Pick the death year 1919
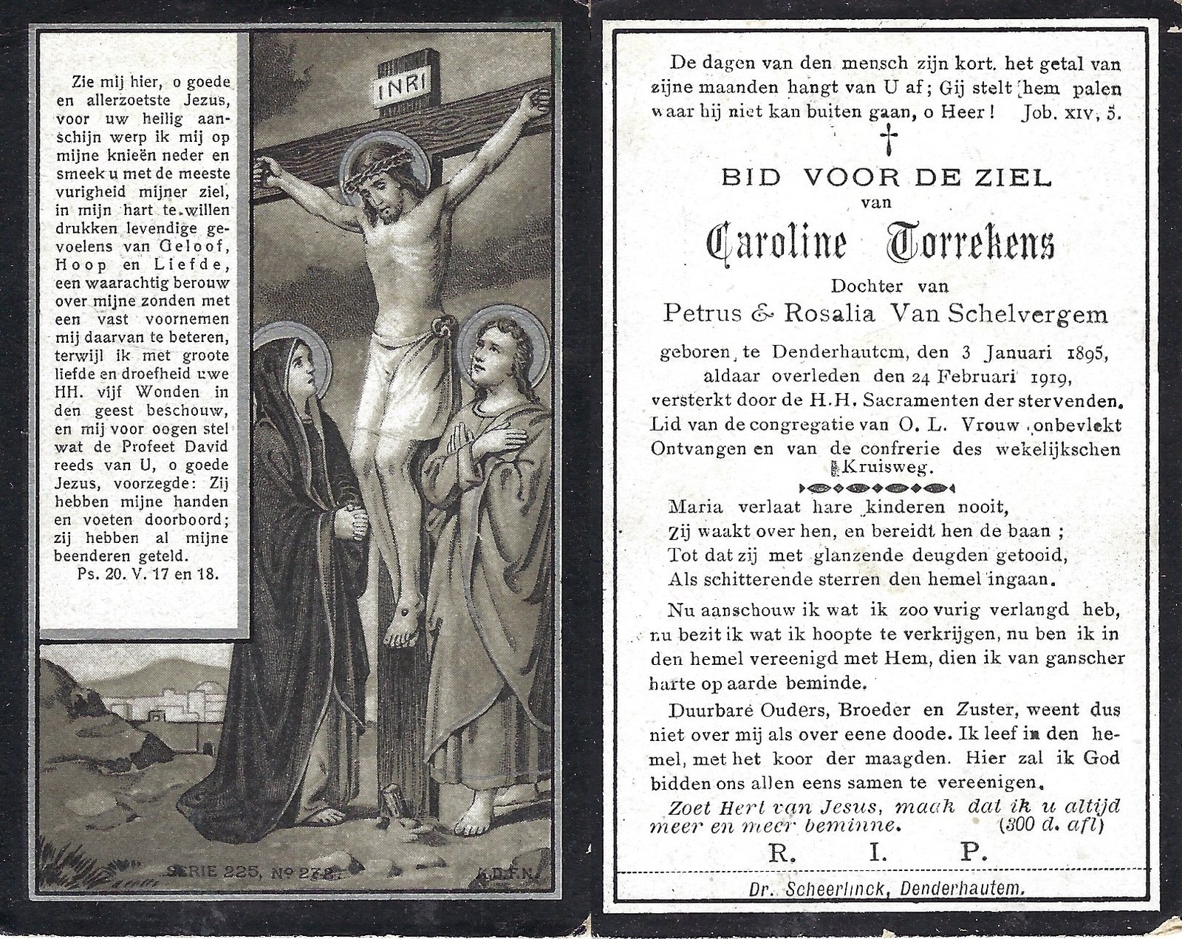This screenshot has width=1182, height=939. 1041,378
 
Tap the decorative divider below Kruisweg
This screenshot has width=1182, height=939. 878,488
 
